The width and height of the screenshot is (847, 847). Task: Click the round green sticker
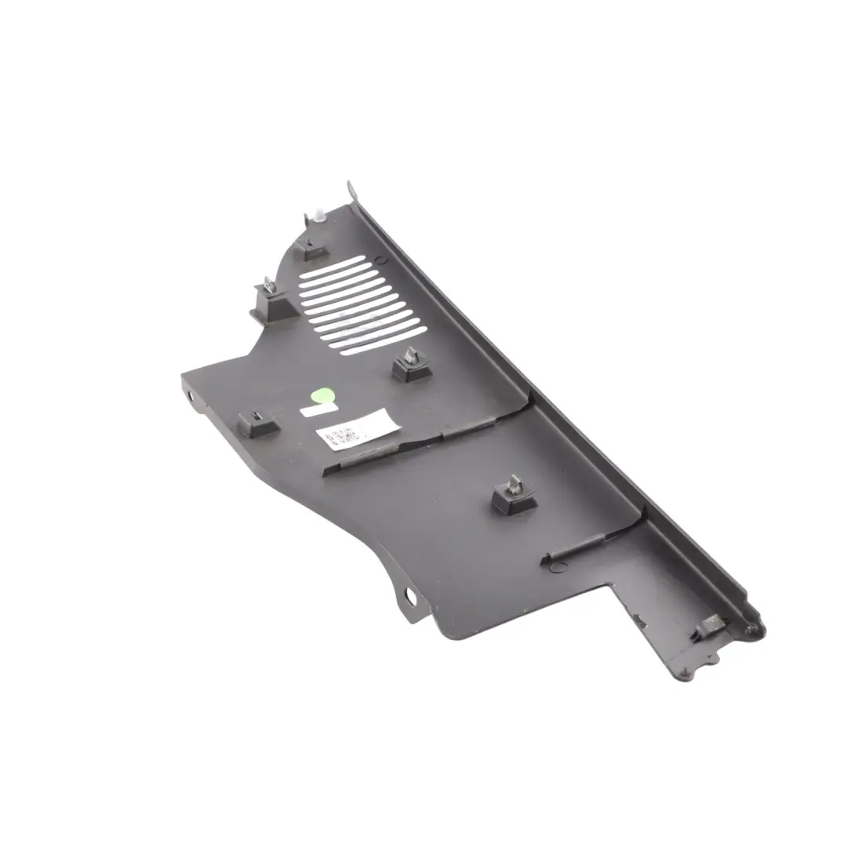[321, 395]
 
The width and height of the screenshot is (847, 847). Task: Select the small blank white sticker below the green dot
[312, 410]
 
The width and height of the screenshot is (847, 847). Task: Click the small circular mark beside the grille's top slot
[380, 258]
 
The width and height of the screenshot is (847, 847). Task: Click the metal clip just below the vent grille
[410, 364]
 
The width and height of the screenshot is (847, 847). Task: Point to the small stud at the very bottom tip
[712, 659]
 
